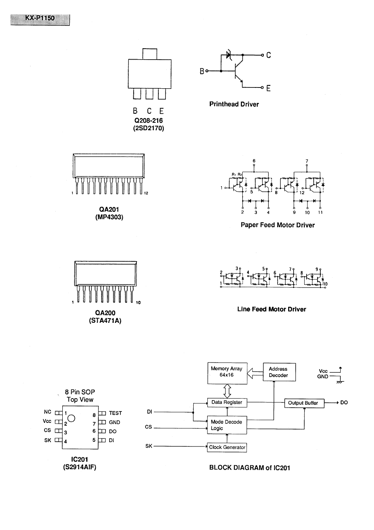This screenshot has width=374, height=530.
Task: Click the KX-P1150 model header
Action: tap(40, 18)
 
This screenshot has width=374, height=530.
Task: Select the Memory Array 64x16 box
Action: tap(227, 373)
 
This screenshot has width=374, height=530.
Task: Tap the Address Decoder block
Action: tap(279, 372)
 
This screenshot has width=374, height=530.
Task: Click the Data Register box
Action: tap(227, 402)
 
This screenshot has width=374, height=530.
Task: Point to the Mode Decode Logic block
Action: tap(227, 425)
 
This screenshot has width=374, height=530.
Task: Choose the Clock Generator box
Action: tap(227, 447)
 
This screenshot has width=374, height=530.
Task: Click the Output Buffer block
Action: tap(304, 403)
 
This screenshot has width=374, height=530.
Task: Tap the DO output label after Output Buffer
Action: tap(344, 403)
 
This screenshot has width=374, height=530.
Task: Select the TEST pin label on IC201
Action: tap(115, 413)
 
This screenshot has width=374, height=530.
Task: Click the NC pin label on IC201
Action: tap(47, 412)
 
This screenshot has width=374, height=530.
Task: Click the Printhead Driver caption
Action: tap(234, 104)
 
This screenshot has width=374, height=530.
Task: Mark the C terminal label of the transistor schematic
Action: tap(269, 55)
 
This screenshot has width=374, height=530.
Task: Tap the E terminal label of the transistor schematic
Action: tap(269, 88)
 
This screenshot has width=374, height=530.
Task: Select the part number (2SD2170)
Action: tap(148, 128)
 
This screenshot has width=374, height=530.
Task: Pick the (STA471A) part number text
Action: tap(105, 321)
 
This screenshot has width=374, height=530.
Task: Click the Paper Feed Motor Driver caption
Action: tap(278, 225)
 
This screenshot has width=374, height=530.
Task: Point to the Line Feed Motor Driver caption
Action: tap(271, 309)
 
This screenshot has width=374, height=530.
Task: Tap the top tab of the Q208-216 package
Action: tap(149, 54)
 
